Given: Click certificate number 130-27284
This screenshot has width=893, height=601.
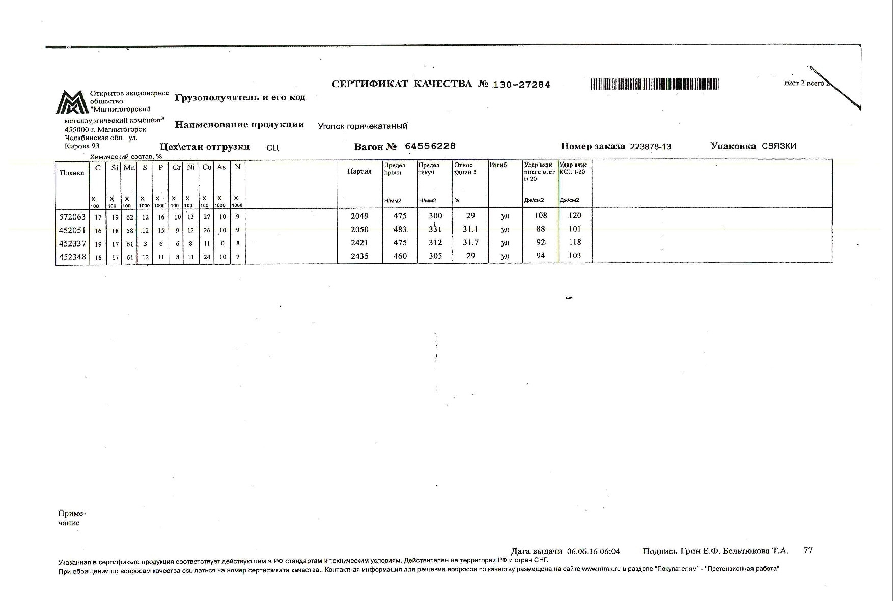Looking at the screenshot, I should [x=521, y=85].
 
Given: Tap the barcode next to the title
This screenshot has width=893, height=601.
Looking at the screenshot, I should [x=654, y=84].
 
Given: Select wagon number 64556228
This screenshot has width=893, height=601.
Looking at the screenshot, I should [x=430, y=146].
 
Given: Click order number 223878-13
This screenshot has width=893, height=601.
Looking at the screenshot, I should [x=650, y=147].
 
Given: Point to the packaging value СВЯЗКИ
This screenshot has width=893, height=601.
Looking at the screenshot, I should [x=778, y=146].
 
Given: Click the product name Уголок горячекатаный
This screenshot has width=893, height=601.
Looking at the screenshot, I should [x=362, y=126].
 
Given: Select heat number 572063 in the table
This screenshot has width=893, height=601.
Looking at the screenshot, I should [x=72, y=216].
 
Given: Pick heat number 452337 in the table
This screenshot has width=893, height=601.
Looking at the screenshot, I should [x=72, y=243].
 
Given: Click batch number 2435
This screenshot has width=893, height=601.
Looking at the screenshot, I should [x=359, y=256].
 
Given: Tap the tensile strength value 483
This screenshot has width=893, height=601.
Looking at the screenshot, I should [x=400, y=230].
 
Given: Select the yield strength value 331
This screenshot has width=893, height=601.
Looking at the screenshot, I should [x=435, y=230].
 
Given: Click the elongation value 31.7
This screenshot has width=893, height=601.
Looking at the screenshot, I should [x=470, y=243].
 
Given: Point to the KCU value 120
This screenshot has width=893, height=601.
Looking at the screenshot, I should [x=575, y=216].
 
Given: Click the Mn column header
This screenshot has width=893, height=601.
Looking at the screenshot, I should [x=129, y=167].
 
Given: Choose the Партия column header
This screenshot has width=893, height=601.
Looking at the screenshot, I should [x=359, y=171].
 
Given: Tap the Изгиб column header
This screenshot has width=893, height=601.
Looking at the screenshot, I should [x=498, y=165].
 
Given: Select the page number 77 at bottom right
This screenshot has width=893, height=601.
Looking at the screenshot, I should [x=808, y=550].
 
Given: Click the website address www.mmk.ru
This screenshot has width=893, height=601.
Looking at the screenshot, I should [x=600, y=569].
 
